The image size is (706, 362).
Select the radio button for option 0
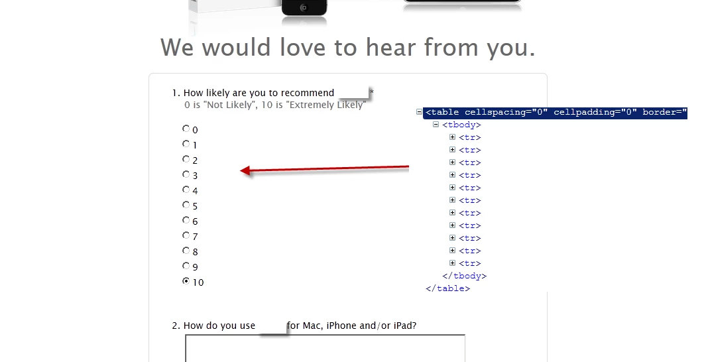186,129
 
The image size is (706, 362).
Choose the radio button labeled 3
186,174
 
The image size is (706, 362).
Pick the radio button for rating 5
186,205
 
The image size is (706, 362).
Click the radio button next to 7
186,235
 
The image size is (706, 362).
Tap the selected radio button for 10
186,281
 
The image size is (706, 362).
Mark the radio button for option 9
186,266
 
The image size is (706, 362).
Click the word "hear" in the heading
390,47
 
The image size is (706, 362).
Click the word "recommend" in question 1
308,93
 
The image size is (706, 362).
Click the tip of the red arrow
241,170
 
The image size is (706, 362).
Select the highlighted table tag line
555,113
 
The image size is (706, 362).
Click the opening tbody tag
461,125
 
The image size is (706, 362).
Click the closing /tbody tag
464,276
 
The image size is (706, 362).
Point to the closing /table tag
447,288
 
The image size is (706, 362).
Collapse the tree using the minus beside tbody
436,124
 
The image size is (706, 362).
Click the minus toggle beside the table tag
419,111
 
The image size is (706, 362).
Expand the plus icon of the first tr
453,137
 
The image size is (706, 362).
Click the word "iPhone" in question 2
342,326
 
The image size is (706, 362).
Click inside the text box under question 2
325,349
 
